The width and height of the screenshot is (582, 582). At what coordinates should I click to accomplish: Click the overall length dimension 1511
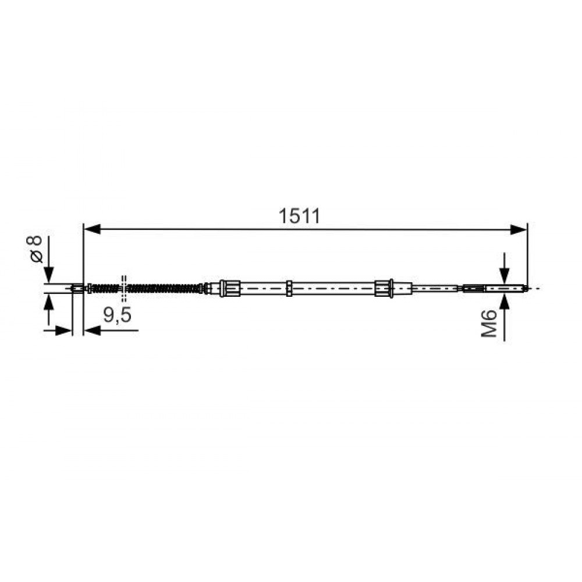pyautogui.click(x=299, y=217)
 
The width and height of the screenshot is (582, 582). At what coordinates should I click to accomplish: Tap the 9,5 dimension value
pyautogui.click(x=118, y=315)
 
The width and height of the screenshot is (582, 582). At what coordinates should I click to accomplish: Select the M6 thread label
pyautogui.click(x=489, y=324)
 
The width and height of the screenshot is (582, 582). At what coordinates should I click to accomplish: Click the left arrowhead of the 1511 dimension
pyautogui.click(x=93, y=229)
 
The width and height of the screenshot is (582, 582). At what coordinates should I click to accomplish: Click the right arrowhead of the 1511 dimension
pyautogui.click(x=518, y=230)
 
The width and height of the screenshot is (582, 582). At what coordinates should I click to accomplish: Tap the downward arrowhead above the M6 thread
pyautogui.click(x=504, y=275)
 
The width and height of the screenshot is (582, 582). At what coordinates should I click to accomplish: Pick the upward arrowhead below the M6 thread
pyautogui.click(x=504, y=300)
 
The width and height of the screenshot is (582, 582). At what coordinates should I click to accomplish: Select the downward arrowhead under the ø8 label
pyautogui.click(x=48, y=275)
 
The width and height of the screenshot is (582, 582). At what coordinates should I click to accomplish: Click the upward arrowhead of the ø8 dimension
pyautogui.click(x=48, y=301)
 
